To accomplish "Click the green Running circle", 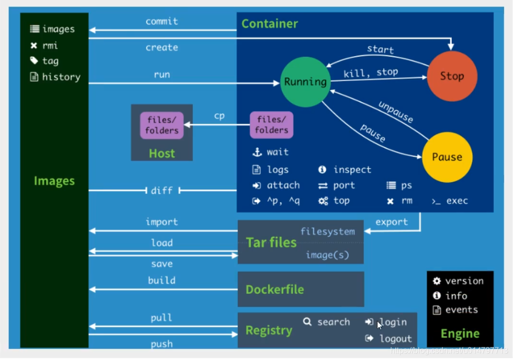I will [x=305, y=82].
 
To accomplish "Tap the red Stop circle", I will [x=452, y=76].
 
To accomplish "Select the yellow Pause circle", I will [x=447, y=157].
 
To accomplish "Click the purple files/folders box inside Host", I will [x=162, y=125].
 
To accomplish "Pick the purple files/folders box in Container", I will [x=272, y=125].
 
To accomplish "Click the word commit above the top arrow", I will [x=162, y=22].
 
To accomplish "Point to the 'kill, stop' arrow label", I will [x=371, y=73].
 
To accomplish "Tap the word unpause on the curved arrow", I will [x=396, y=112].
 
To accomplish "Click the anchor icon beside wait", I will [x=257, y=152].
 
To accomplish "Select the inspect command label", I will [x=352, y=170].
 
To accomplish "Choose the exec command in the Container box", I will [x=456, y=201].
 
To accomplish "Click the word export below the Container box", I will [x=392, y=222].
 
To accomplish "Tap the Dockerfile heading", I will [x=275, y=289].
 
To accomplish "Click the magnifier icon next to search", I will [x=308, y=321].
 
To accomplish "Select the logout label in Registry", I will [x=395, y=338].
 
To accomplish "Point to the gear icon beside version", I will [x=437, y=281].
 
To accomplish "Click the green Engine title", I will [x=460, y=333].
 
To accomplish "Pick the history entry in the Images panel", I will [x=61, y=77].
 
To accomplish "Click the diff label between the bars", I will [x=162, y=190].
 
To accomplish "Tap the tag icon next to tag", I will [x=34, y=61].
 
